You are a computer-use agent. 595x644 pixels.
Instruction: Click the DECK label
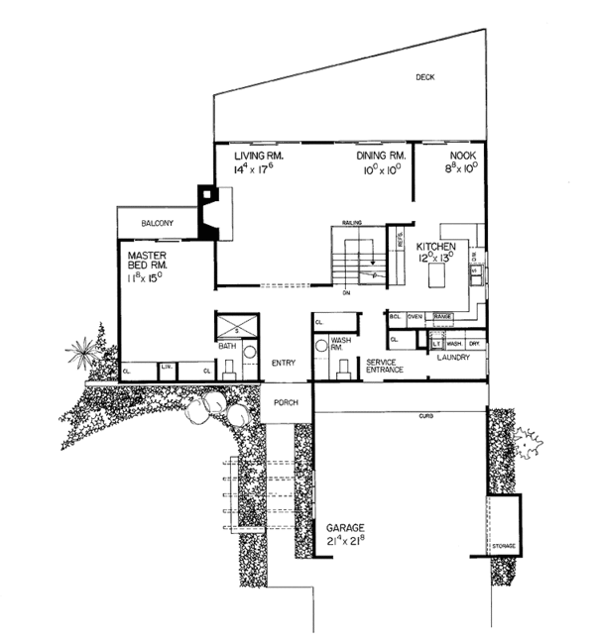[425, 77]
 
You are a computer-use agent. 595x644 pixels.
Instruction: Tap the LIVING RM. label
[260, 157]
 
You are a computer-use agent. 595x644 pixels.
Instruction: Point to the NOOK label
[462, 157]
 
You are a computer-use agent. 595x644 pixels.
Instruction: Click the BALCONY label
[158, 224]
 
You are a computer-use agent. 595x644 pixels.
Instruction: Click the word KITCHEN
[435, 245]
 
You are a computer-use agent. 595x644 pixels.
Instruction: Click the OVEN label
[416, 316]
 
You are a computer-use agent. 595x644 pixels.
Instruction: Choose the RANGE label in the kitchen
[442, 316]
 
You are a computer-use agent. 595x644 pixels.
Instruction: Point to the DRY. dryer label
[476, 344]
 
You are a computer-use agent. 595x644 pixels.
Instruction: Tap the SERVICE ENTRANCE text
[385, 367]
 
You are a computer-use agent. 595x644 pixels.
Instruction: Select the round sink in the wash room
[320, 347]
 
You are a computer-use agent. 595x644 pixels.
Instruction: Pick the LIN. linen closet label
[166, 367]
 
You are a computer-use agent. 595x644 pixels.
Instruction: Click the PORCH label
[291, 403]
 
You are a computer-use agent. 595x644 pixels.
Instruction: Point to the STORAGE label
[504, 546]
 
